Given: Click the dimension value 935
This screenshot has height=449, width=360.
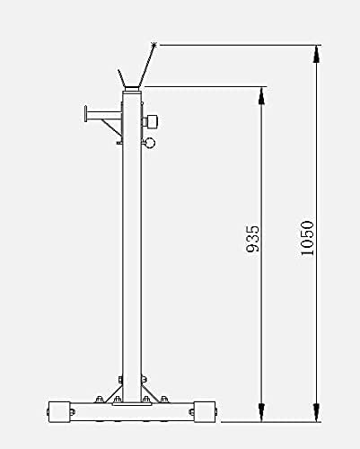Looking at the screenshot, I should [x=254, y=238].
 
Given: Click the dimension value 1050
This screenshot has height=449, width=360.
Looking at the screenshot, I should [x=307, y=237].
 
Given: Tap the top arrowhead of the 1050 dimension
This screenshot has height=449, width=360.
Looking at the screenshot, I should [x=315, y=52].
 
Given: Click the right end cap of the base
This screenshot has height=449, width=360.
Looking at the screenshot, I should [x=204, y=412].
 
